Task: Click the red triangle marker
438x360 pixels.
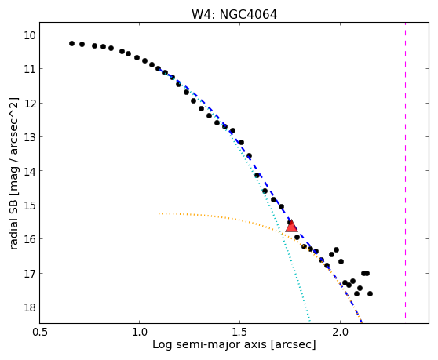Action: pyautogui.click(x=291, y=226)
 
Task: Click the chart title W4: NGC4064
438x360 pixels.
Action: pyautogui.click(x=234, y=15)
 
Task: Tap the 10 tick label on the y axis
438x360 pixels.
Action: pyautogui.click(x=29, y=35)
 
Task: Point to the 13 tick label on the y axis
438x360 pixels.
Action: pyautogui.click(x=29, y=137)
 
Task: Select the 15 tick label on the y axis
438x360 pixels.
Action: pyautogui.click(x=29, y=205)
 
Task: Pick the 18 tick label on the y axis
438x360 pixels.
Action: pyautogui.click(x=29, y=307)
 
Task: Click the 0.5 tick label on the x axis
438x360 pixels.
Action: pyautogui.click(x=40, y=332)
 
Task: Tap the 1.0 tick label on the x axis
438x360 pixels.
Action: pyautogui.click(x=139, y=332)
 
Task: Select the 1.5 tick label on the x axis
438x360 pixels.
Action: pyautogui.click(x=239, y=332)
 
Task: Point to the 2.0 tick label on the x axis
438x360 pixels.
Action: pyautogui.click(x=340, y=332)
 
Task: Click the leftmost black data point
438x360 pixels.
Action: pyautogui.click(x=71, y=44)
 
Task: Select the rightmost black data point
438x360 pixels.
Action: pyautogui.click(x=370, y=293)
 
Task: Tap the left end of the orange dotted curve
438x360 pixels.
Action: pyautogui.click(x=159, y=213)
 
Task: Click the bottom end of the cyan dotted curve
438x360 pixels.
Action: pyautogui.click(x=309, y=321)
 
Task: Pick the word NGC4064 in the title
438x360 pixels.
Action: pyautogui.click(x=248, y=15)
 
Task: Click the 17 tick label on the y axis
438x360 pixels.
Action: pyautogui.click(x=29, y=273)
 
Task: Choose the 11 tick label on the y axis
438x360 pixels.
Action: pyautogui.click(x=29, y=69)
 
